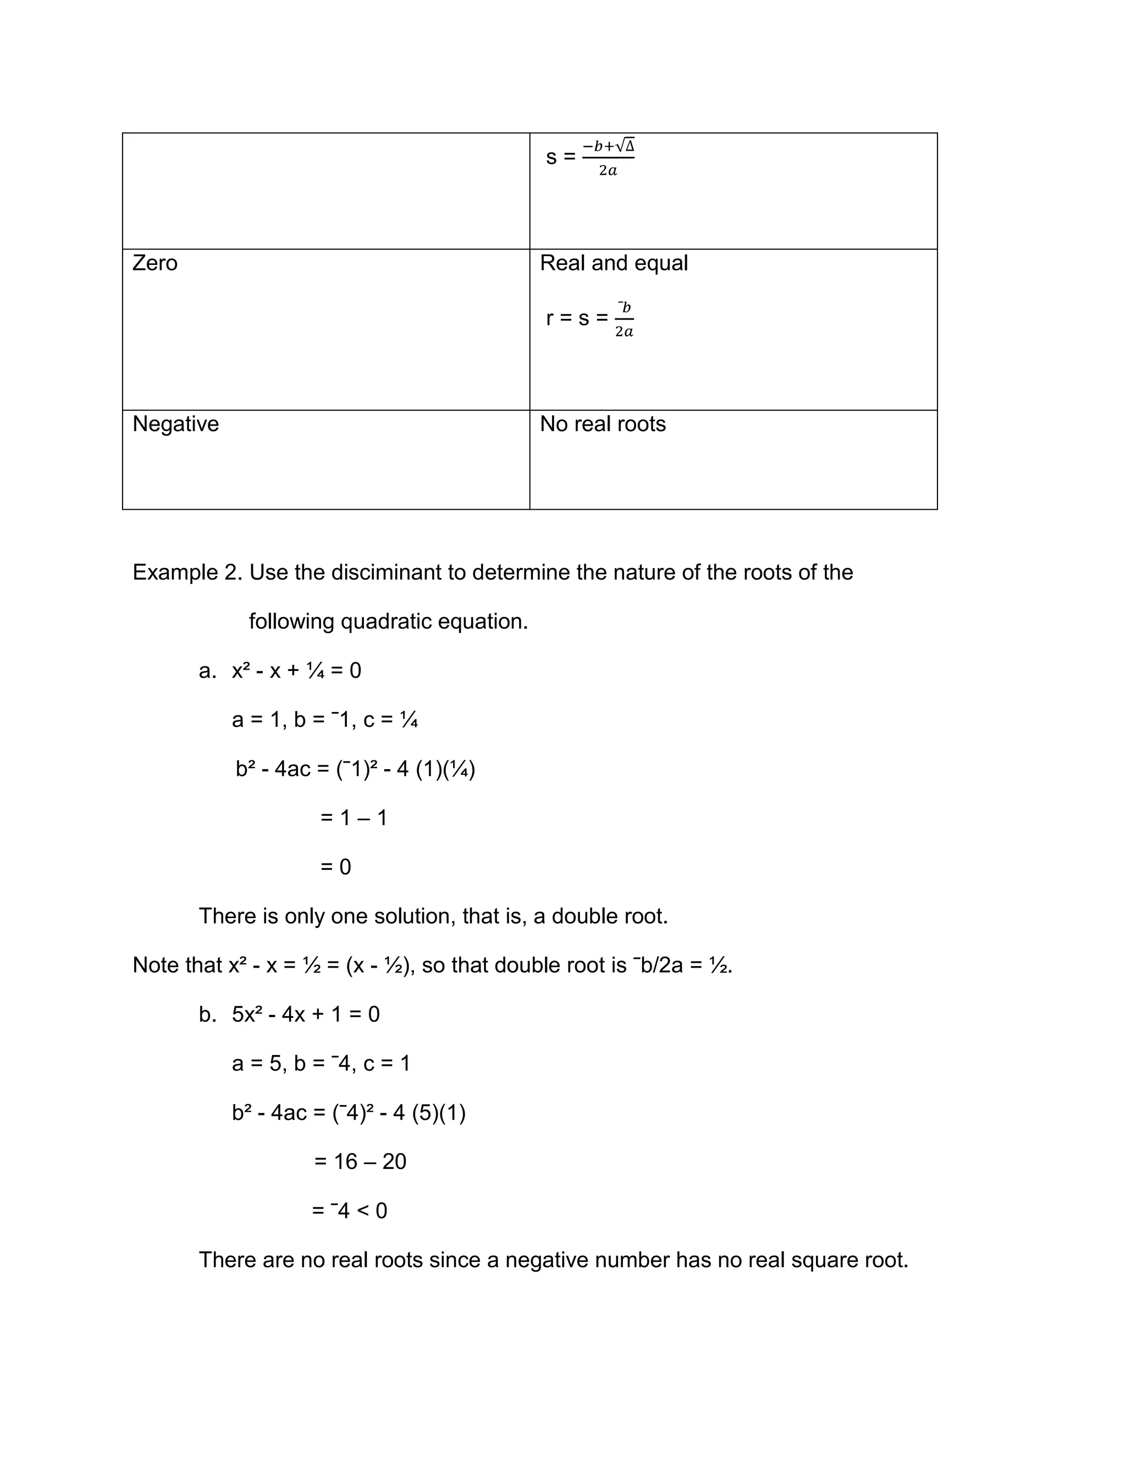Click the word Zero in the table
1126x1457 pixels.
tap(154, 263)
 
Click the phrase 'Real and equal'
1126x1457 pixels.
tap(613, 263)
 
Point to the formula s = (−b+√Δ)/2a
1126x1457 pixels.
tap(590, 157)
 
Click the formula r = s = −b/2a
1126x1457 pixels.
tap(589, 318)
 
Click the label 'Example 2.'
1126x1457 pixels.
tap(187, 572)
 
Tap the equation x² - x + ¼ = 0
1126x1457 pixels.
tap(296, 670)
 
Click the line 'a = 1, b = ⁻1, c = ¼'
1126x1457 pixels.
tap(325, 720)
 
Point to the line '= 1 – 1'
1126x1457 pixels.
tap(354, 818)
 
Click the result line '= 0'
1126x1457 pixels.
tap(335, 867)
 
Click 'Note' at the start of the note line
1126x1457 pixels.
tap(153, 965)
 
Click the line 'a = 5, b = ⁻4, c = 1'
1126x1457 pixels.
tap(321, 1063)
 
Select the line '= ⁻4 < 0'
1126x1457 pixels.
tap(350, 1210)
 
